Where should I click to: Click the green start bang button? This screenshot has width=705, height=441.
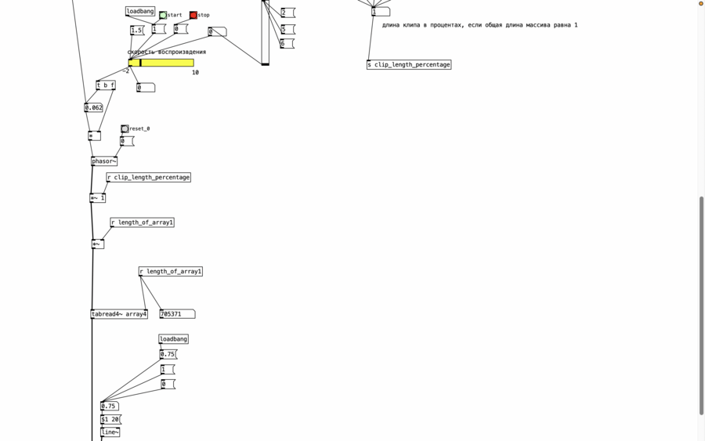click(x=163, y=16)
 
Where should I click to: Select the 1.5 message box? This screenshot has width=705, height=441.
click(x=136, y=30)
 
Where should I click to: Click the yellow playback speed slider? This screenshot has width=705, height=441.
click(x=161, y=63)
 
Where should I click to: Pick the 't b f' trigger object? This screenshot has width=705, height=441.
click(x=106, y=85)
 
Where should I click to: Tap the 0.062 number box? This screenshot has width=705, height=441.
click(x=93, y=107)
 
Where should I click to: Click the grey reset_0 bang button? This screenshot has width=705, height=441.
click(x=125, y=129)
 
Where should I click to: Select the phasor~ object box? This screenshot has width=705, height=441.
click(x=104, y=161)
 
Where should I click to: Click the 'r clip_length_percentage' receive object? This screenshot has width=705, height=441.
click(x=148, y=177)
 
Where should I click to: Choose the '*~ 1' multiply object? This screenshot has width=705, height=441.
click(x=98, y=198)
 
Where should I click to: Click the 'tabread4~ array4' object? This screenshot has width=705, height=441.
click(x=119, y=314)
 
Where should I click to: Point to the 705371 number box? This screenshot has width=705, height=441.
click(x=177, y=314)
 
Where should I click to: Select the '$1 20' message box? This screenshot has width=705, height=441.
click(x=110, y=419)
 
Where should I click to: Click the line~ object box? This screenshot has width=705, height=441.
click(x=110, y=432)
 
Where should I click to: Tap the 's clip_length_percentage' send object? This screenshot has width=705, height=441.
click(x=409, y=65)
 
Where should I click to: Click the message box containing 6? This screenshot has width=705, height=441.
click(x=287, y=44)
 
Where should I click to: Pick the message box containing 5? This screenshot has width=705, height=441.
click(x=287, y=29)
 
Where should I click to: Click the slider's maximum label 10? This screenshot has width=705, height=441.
click(x=195, y=72)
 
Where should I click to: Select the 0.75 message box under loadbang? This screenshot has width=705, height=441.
click(x=168, y=354)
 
